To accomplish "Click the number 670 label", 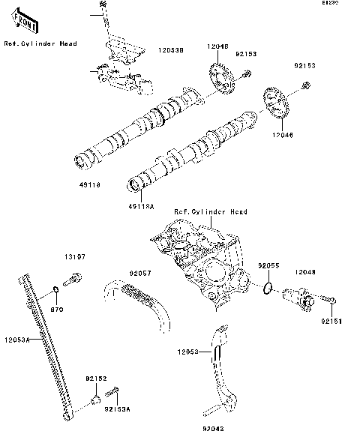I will coord(56,309).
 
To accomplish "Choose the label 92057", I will coord(139,273).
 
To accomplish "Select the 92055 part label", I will coord(268,265).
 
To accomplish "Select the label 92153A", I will coord(117,409).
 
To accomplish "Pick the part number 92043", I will coord(213,429).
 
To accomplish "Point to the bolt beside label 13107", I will coord(72,283).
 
